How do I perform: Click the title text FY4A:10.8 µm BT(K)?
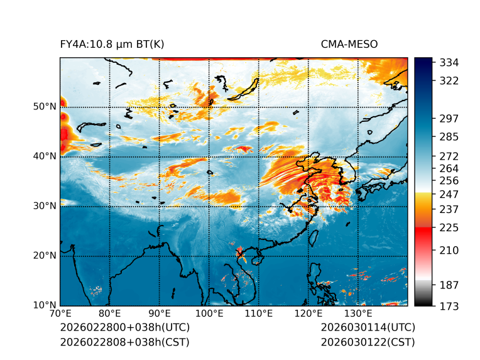coord(112,44)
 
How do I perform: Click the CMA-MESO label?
coord(349,44)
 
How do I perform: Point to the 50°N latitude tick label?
coord(45,107)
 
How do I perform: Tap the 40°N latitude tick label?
coord(45,156)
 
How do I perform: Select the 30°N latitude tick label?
coord(45,206)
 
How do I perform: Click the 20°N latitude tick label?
coord(45,256)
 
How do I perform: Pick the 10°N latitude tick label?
coord(45,305)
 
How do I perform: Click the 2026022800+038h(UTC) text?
coord(124,328)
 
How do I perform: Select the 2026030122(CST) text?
coord(368,342)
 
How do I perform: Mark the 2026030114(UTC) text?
coord(368,328)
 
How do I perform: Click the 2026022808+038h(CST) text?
coord(124,342)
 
